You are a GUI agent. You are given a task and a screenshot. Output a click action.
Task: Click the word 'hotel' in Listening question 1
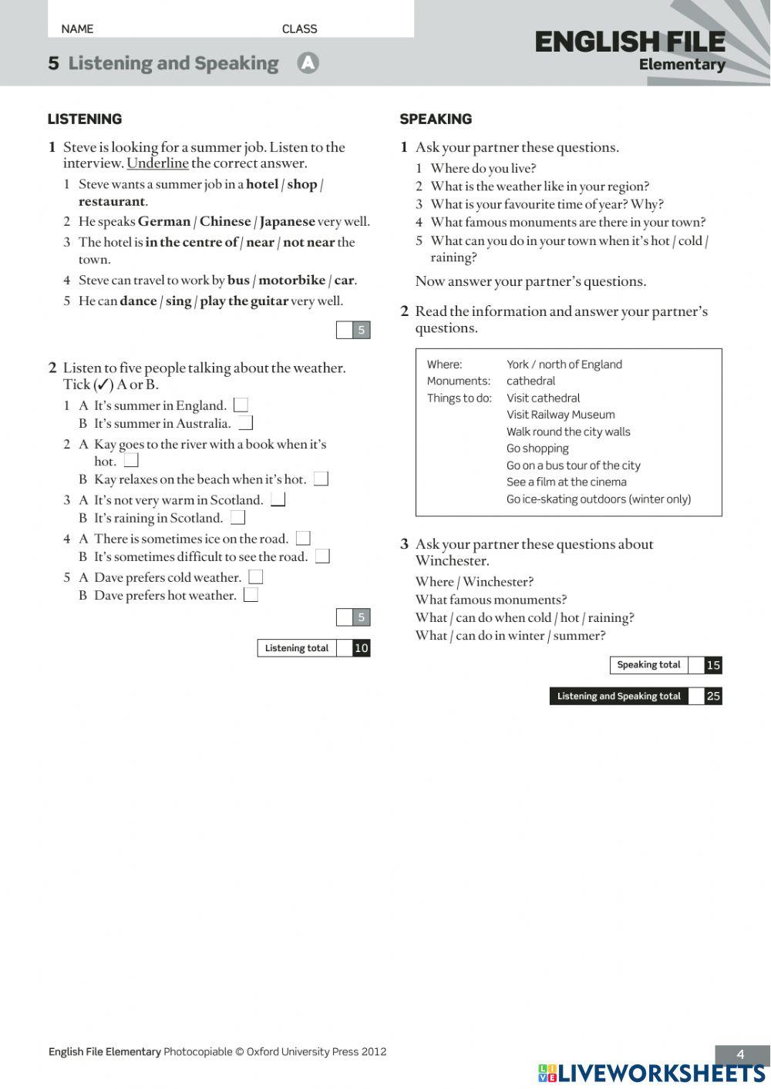click(261, 184)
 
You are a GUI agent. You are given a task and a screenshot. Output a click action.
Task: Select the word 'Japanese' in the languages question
click(287, 222)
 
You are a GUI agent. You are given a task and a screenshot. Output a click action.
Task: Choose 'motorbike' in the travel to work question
click(291, 281)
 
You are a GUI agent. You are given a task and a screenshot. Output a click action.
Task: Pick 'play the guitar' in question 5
click(244, 301)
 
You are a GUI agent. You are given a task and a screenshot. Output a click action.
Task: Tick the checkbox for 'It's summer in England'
click(241, 405)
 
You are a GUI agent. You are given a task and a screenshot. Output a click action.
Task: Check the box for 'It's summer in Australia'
click(245, 423)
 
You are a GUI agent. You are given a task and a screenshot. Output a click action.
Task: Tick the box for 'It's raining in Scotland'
click(237, 517)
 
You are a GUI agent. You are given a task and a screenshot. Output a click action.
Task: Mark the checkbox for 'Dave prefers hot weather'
click(251, 595)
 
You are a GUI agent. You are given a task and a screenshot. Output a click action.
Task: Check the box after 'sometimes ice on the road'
click(303, 538)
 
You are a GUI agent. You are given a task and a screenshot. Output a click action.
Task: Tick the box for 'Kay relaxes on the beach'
click(321, 479)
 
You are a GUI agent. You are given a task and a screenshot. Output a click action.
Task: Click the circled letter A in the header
click(308, 63)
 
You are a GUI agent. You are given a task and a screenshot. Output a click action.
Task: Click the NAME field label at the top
click(77, 29)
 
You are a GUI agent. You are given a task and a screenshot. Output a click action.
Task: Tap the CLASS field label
click(299, 29)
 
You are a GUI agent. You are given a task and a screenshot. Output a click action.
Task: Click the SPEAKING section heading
click(436, 119)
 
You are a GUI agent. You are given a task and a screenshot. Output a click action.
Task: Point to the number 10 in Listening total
click(361, 648)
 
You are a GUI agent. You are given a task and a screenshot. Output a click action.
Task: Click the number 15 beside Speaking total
click(713, 665)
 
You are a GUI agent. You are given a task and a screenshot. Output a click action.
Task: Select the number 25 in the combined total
click(713, 696)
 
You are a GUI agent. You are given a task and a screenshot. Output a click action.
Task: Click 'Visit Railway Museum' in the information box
click(561, 415)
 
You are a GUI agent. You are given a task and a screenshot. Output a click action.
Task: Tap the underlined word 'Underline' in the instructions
click(157, 163)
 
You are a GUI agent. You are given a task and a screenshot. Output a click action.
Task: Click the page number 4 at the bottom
click(741, 1054)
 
